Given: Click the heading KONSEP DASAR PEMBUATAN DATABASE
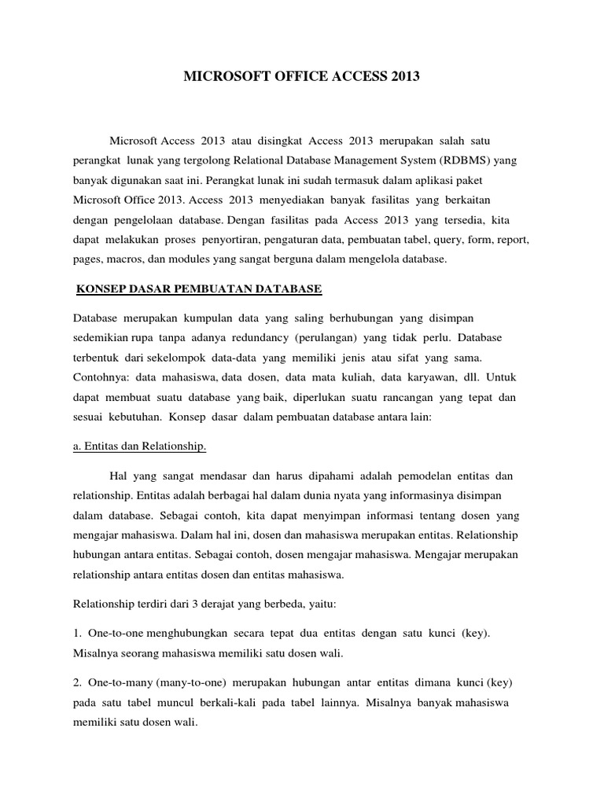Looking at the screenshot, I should click(x=198, y=289).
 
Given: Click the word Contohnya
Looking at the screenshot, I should click(x=101, y=377).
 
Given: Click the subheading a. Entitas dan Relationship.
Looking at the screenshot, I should click(x=140, y=447).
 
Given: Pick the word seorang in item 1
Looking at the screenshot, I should click(x=141, y=654).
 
